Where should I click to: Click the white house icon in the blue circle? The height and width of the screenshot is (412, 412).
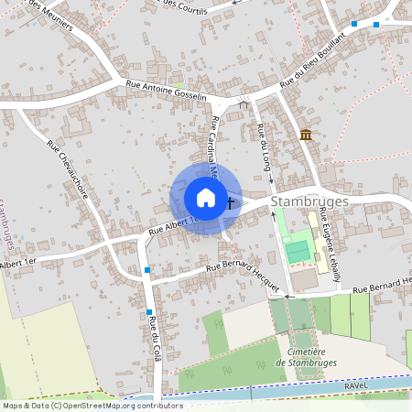point(205,197)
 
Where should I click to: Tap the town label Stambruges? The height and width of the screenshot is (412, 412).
point(309,199)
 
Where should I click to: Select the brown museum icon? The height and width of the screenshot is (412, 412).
point(305,136)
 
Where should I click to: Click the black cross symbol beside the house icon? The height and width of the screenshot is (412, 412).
point(230,202)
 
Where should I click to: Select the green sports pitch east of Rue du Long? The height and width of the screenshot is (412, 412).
point(298,247)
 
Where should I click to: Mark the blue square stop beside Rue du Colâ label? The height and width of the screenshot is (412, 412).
point(148,312)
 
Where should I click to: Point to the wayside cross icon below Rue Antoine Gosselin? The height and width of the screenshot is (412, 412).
point(244,103)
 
